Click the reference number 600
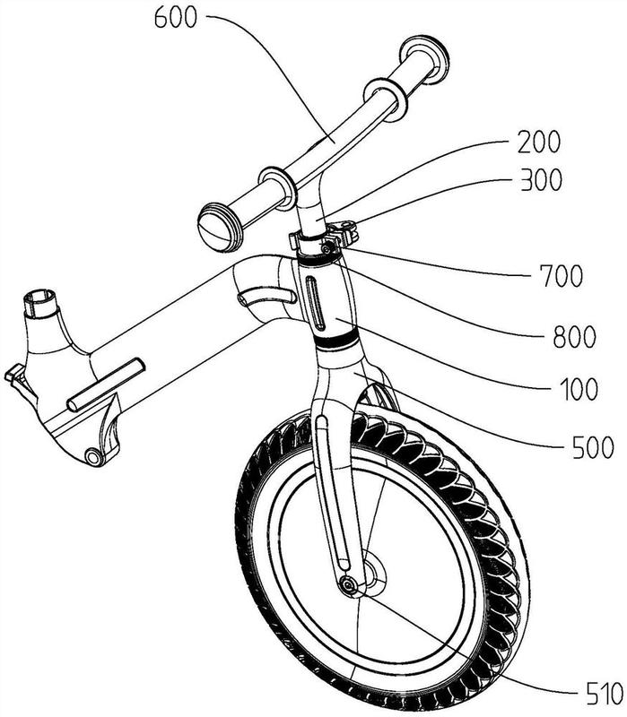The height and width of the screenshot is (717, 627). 176,19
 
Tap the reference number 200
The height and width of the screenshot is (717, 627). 539,142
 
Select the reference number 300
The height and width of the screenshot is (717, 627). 541,180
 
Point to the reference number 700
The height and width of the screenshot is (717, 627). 562,276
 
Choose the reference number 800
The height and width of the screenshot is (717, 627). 574,337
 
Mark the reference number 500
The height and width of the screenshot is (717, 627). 593,447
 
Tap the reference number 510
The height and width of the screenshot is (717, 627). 604,694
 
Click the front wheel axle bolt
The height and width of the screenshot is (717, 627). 348,586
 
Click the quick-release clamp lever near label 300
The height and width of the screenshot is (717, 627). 345,231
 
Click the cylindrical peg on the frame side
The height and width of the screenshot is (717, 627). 106,384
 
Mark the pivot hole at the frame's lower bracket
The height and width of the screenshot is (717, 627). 94,457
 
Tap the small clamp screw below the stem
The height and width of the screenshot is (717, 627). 326,249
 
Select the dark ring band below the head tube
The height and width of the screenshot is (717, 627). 336,340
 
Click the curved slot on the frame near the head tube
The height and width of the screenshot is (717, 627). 266,298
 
